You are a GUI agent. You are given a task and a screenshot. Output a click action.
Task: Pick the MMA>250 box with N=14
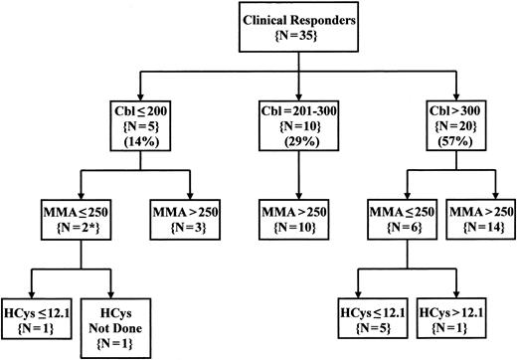click(476, 220)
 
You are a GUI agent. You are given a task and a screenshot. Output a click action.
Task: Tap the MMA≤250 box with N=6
click(385, 220)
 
